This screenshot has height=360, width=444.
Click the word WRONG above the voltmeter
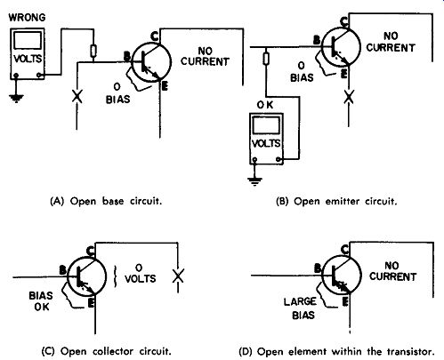[x=27, y=18]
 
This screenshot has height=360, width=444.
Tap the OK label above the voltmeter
[x=265, y=105]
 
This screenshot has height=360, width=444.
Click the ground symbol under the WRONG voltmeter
[x=16, y=98]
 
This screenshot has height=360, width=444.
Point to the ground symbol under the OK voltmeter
[x=254, y=180]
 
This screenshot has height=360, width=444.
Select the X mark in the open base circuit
[x=77, y=97]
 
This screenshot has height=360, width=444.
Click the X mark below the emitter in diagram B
[x=349, y=97]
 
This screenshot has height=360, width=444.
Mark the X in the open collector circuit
[x=178, y=276]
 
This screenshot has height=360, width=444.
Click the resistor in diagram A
[x=93, y=51]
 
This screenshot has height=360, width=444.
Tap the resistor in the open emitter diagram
[x=266, y=59]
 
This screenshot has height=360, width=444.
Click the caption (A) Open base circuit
[x=106, y=201]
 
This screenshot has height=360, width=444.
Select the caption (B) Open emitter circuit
[x=336, y=202]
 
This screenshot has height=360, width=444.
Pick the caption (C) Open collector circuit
[x=106, y=351]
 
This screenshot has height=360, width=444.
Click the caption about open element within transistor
[x=336, y=352]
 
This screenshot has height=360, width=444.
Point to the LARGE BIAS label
[x=300, y=308]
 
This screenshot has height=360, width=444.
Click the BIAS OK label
[x=41, y=301]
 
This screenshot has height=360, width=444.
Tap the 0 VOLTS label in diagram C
[x=140, y=274]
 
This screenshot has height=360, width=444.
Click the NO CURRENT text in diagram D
[x=392, y=271]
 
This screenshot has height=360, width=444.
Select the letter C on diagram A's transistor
[x=154, y=36]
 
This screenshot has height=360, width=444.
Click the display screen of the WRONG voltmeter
[x=28, y=40]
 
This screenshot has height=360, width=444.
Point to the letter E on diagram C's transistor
[x=91, y=303]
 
